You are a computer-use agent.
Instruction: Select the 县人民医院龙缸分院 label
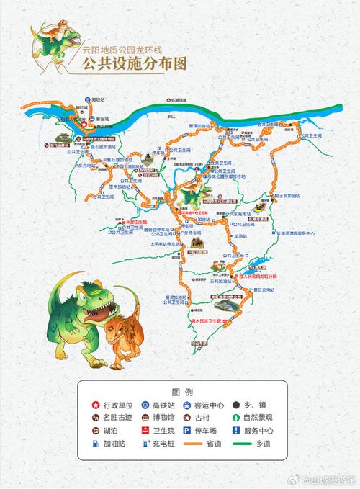(x=263, y=274)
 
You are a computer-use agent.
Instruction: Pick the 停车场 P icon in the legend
(x=184, y=429)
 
